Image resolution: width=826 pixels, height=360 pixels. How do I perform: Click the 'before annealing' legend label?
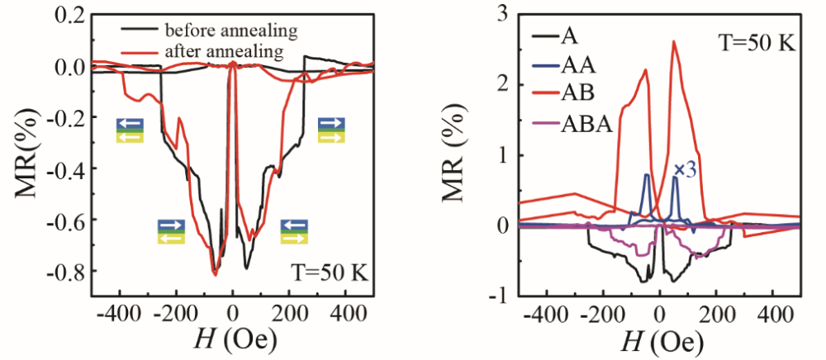click(230, 32)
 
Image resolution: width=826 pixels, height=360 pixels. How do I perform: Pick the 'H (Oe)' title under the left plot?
click(232, 339)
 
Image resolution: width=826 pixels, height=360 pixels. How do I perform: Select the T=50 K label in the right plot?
click(757, 41)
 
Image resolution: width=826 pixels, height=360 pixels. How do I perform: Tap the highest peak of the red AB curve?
click(674, 41)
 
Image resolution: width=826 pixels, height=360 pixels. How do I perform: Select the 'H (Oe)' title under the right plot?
click(659, 339)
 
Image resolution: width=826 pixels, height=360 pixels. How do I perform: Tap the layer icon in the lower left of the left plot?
click(172, 231)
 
